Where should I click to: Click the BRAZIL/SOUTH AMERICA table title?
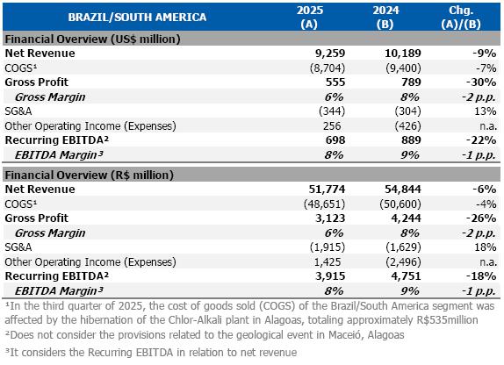[x=137, y=17]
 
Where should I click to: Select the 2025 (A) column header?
[x=310, y=17]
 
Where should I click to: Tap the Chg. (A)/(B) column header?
[x=461, y=17]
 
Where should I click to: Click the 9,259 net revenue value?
[x=330, y=53]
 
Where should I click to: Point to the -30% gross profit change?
[x=481, y=82]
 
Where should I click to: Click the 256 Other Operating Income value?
[x=332, y=126]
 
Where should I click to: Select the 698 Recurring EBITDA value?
[x=335, y=140]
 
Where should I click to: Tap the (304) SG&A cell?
[x=408, y=111]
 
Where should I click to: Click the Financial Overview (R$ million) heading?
[x=89, y=175]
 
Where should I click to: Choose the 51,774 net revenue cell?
[x=327, y=190]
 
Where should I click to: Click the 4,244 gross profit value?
[x=406, y=218]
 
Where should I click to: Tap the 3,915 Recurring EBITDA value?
[x=330, y=276]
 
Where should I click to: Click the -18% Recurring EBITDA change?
[x=481, y=276]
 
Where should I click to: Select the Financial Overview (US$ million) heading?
[x=92, y=39]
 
